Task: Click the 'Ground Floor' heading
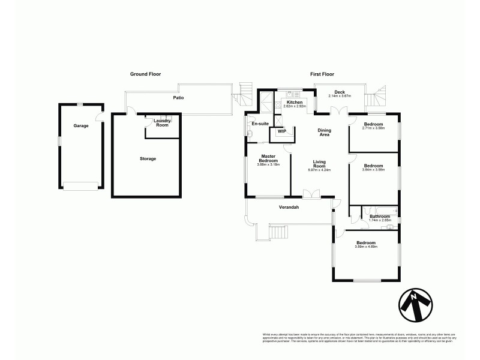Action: [145, 74]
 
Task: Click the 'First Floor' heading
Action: [322, 74]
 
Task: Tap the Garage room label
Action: [81, 126]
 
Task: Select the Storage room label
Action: [148, 158]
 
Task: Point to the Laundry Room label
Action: [162, 122]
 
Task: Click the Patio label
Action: [178, 97]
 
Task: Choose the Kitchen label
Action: [295, 103]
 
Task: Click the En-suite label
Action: [260, 124]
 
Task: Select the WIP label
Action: [281, 131]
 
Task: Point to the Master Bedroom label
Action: [267, 158]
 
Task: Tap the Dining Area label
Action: [324, 133]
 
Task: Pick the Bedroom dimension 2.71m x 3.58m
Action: [373, 128]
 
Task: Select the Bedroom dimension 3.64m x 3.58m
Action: [373, 170]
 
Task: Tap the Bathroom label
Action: [380, 216]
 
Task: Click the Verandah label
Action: [289, 208]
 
